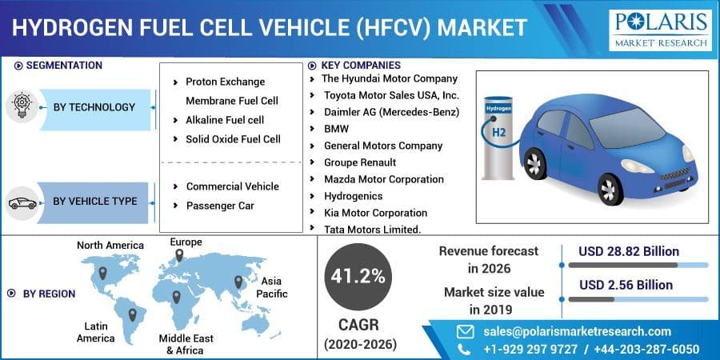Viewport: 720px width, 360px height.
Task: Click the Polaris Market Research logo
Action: [x=660, y=30]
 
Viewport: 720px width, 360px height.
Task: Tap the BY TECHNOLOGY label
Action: [x=94, y=107]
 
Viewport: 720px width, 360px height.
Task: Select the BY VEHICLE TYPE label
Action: [x=94, y=201]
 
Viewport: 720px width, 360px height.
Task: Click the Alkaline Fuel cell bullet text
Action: [x=225, y=120]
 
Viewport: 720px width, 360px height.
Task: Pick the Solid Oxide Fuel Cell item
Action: [x=233, y=139]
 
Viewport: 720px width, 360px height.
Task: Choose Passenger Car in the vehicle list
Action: [x=220, y=206]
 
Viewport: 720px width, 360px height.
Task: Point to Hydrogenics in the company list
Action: [x=353, y=196]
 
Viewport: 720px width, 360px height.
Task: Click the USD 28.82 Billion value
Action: [x=629, y=251]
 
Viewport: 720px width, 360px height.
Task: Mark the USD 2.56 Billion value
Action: [x=626, y=285]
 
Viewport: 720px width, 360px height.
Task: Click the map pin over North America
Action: [x=102, y=273]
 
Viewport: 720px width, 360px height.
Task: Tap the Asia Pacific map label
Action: [x=271, y=288]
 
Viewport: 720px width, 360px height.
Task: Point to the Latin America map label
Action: [x=96, y=332]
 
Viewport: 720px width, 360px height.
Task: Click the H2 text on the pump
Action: [x=498, y=132]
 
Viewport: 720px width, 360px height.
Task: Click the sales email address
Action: [x=577, y=331]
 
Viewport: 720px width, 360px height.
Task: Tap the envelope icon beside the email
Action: [x=465, y=331]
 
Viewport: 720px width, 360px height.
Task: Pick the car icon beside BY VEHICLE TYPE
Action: [x=22, y=203]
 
